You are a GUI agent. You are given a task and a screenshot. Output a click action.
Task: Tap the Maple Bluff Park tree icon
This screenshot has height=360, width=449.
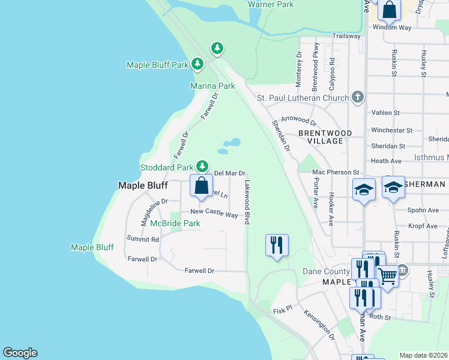click(x=197, y=64)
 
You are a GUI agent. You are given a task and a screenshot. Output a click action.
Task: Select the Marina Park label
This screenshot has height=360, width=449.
click(x=212, y=86)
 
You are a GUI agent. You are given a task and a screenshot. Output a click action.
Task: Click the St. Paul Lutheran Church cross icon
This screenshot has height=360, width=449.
click(x=358, y=97)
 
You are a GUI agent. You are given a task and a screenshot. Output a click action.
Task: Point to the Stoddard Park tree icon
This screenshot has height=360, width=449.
click(x=203, y=166)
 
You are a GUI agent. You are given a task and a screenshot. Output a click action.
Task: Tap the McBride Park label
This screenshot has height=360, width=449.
click(x=175, y=223)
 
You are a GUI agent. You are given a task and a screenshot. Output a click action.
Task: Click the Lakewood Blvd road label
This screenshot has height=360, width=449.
click(x=247, y=199)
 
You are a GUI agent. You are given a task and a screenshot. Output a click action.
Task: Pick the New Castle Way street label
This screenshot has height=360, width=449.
click(x=214, y=212)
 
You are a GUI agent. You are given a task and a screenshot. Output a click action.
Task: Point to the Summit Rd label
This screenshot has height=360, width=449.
click(x=143, y=239)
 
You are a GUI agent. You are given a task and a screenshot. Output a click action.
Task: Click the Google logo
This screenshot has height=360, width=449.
click(x=20, y=353)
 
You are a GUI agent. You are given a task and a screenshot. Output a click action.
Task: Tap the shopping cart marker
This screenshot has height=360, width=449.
click(x=388, y=277)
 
